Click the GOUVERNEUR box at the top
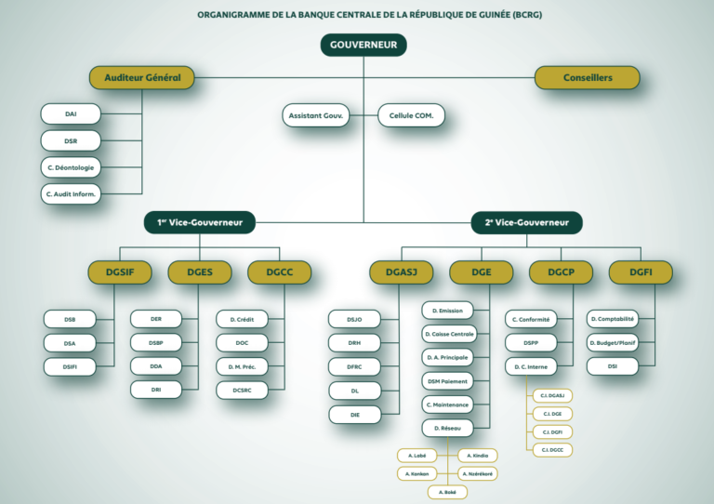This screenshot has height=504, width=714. tap(364, 45)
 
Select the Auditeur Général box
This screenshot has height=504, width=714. tap(142, 77)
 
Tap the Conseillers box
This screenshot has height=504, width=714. tap(588, 77)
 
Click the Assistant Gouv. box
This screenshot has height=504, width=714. tap(316, 115)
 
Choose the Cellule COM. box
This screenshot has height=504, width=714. tap(411, 115)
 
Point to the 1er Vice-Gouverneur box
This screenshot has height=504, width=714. tap(200, 223)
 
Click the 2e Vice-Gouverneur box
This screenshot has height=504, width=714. tap(527, 223)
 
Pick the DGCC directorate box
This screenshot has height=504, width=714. tap(280, 272)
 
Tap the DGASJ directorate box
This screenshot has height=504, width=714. tap(402, 272)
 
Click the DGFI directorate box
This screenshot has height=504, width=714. tap(641, 272)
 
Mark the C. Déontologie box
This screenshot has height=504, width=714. tap(71, 168)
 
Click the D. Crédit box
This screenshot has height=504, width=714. tap(242, 320)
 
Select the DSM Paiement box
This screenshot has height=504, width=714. tap(448, 381)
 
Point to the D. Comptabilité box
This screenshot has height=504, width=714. tap(613, 320)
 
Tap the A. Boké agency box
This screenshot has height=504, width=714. tap(447, 492)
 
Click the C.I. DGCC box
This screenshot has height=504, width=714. tap(551, 450)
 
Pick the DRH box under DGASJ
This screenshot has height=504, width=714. tap(354, 343)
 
